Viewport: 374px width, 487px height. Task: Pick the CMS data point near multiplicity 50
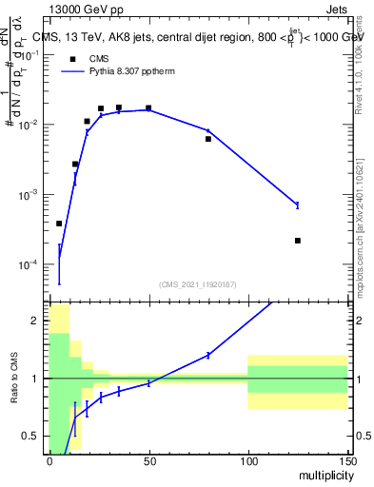click(148, 108)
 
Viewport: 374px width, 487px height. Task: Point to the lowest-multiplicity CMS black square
click(59, 224)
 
